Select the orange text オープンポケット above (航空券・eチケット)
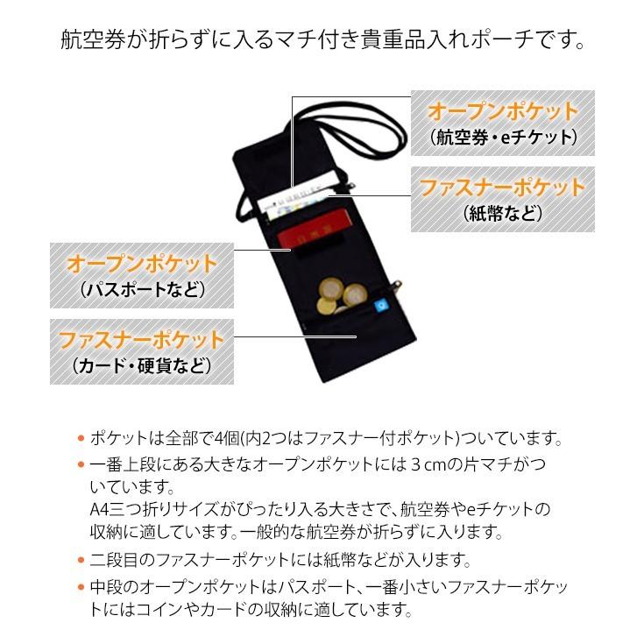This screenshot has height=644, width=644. (x=503, y=112)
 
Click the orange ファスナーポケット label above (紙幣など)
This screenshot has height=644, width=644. (x=502, y=188)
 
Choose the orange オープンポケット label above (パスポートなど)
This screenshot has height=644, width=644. (x=142, y=264)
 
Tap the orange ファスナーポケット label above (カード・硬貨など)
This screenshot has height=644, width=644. (x=141, y=339)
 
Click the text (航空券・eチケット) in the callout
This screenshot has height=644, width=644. (x=503, y=138)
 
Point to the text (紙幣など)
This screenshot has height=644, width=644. (x=502, y=213)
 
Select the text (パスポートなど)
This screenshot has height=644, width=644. (x=142, y=289)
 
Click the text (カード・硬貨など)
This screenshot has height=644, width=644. (x=141, y=364)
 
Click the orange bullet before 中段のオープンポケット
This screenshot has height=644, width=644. (x=81, y=586)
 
